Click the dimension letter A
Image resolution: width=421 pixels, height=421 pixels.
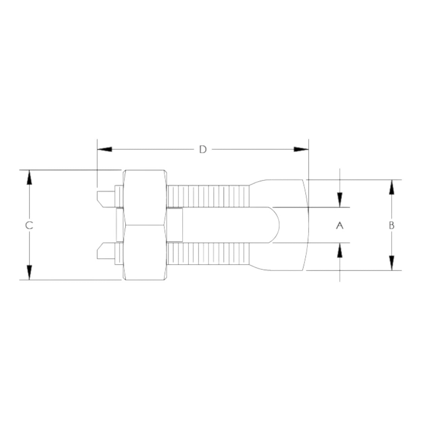pyautogui.click(x=340, y=225)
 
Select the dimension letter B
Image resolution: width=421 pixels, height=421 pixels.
pyautogui.click(x=391, y=225)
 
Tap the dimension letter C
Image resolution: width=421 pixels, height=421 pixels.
pyautogui.click(x=29, y=225)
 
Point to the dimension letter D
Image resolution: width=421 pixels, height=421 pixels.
pyautogui.click(x=202, y=149)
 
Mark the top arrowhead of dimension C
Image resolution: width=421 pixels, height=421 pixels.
pyautogui.click(x=29, y=177)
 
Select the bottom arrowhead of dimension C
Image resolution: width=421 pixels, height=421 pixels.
pyautogui.click(x=29, y=272)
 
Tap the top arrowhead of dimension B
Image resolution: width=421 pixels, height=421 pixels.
pyautogui.click(x=391, y=187)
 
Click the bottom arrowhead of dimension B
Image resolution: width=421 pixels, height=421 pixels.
pyautogui.click(x=391, y=263)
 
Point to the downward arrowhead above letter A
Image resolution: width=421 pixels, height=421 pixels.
pyautogui.click(x=340, y=200)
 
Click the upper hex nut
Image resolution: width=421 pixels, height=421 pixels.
pyautogui.click(x=145, y=197)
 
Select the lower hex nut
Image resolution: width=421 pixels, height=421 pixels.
pyautogui.click(x=145, y=253)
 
